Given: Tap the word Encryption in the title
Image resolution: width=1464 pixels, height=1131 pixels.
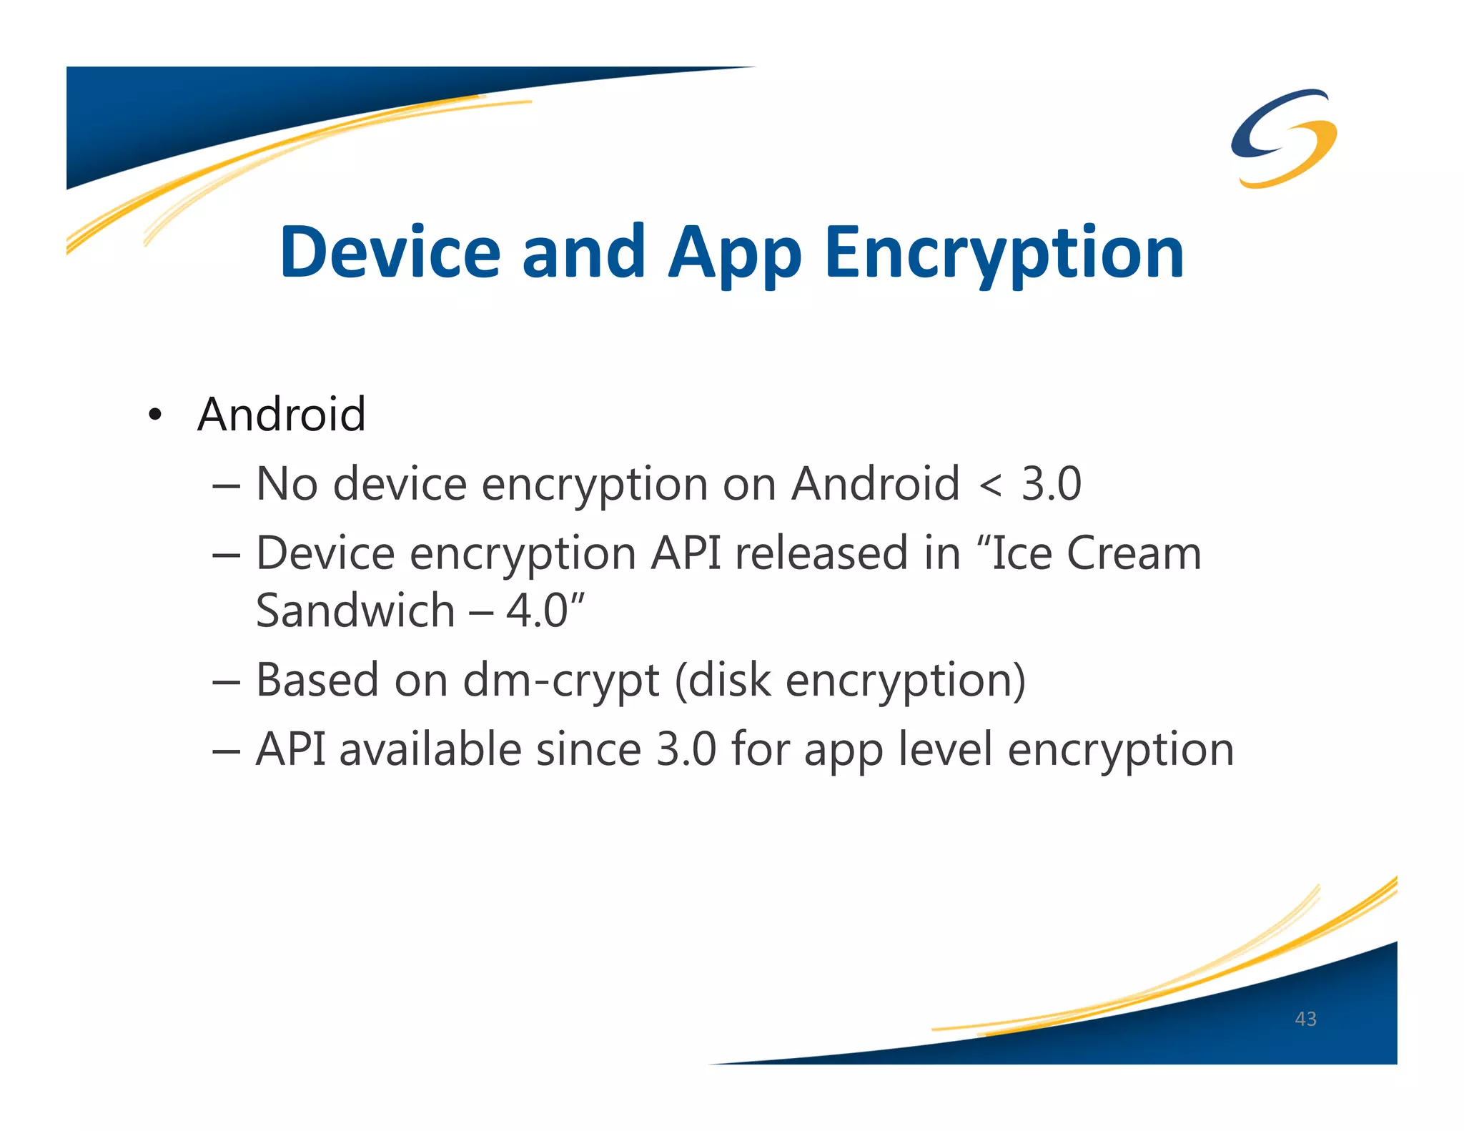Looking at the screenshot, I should click(1004, 254).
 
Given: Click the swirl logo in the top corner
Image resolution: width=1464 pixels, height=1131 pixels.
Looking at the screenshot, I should click(1284, 138).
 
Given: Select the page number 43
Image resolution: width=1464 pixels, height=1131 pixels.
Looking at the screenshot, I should click(1305, 1019).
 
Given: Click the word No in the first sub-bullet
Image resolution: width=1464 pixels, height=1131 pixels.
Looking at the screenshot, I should click(287, 484).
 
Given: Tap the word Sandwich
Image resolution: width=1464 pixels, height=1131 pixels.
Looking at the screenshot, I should click(355, 611).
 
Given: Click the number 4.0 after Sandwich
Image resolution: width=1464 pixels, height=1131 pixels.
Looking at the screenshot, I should click(536, 611).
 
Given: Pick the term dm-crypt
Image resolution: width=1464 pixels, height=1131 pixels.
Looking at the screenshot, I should click(561, 681).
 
